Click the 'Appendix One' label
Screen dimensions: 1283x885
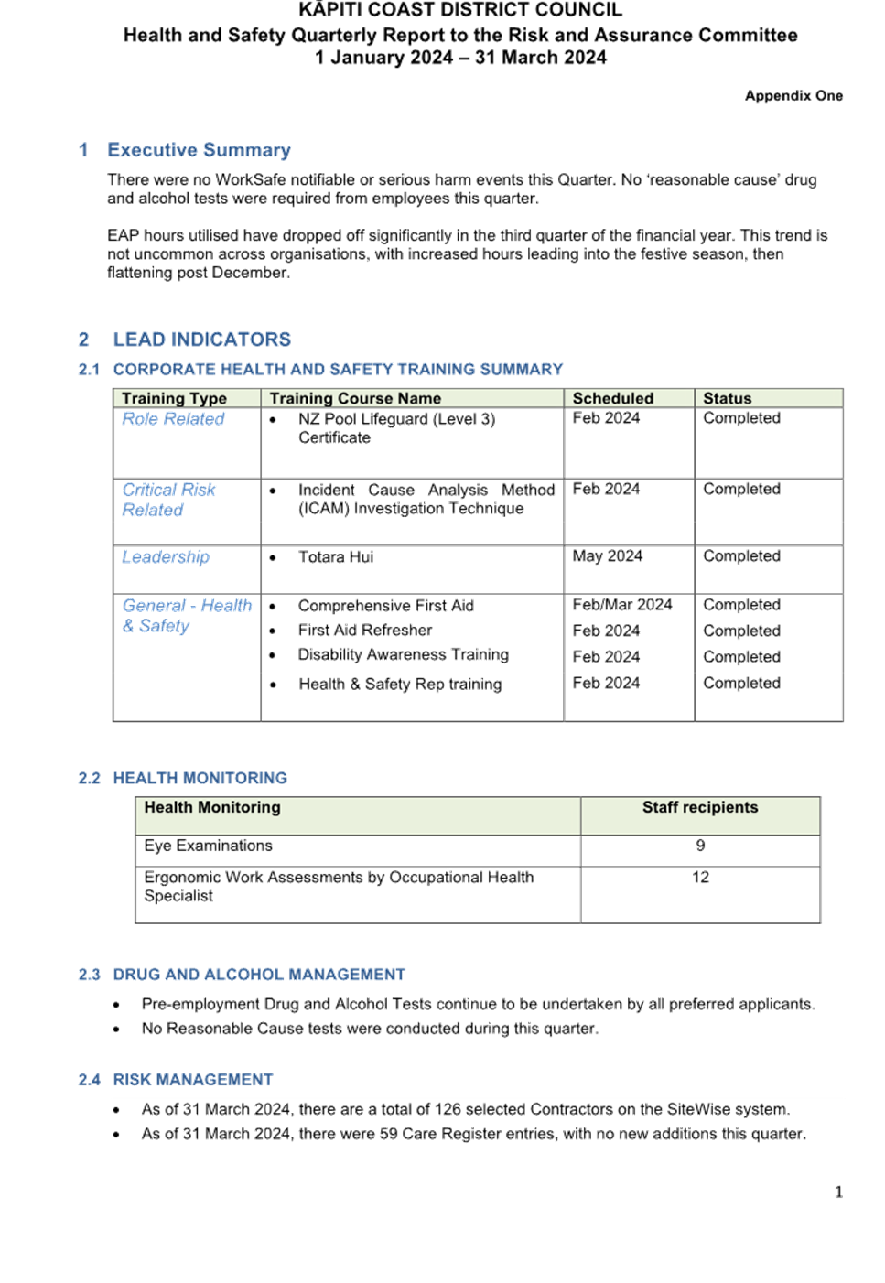click(x=793, y=96)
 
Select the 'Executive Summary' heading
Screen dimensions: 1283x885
click(x=199, y=150)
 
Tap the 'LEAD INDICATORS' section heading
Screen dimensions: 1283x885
click(x=201, y=340)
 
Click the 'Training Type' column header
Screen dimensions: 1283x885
click(x=174, y=399)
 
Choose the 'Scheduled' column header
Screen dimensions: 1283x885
click(x=612, y=399)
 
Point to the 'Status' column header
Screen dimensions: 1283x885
click(x=727, y=399)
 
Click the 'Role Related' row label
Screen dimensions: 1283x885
click(x=173, y=419)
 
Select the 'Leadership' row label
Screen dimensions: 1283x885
click(x=166, y=557)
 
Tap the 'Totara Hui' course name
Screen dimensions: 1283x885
click(x=335, y=557)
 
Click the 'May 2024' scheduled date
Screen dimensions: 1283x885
click(x=608, y=556)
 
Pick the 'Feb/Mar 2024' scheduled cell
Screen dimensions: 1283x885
click(x=622, y=605)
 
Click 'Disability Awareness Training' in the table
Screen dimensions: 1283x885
click(x=403, y=655)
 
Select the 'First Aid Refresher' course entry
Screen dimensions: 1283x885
click(x=364, y=631)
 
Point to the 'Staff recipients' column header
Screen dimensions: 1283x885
click(x=699, y=808)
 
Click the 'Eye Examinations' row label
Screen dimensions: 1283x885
click(x=209, y=846)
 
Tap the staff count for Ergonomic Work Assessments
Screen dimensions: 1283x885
click(x=700, y=878)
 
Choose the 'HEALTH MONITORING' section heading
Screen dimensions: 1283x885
click(x=200, y=779)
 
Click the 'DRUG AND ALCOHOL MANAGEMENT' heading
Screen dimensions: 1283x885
click(x=258, y=976)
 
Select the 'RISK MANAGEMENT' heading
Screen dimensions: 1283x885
click(x=192, y=1081)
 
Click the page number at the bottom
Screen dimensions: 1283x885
click(x=838, y=1191)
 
